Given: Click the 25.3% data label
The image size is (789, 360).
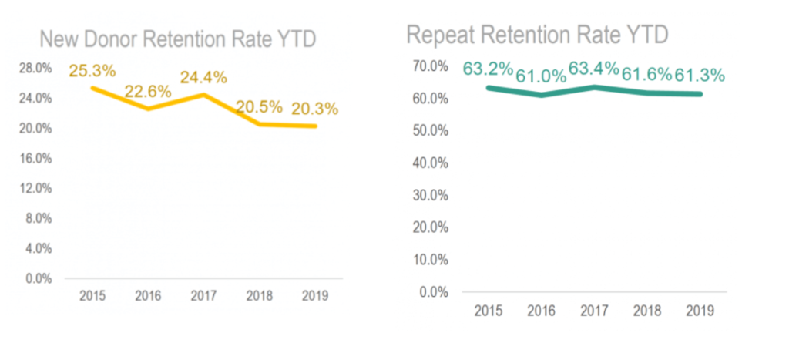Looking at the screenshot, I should [92, 71].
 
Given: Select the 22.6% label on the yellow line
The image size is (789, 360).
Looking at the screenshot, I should [147, 92].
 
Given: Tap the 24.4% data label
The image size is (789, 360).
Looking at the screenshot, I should [203, 77].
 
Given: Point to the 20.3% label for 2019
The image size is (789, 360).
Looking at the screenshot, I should [314, 109].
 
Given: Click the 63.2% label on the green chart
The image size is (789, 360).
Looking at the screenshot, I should [488, 69].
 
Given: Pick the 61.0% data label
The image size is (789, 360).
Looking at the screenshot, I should [541, 76].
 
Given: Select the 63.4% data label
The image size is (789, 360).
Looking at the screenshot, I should [594, 69].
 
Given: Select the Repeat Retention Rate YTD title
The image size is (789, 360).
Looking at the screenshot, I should [536, 35].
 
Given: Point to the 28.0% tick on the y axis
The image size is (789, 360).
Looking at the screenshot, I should [36, 69].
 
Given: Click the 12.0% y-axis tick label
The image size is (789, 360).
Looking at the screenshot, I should [36, 188].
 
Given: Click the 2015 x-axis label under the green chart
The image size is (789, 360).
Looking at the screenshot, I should [489, 311].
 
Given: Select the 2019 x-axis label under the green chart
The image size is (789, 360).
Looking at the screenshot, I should [699, 311].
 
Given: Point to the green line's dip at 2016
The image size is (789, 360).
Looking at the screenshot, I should [541, 95].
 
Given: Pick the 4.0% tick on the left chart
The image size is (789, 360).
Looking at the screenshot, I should [39, 248].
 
